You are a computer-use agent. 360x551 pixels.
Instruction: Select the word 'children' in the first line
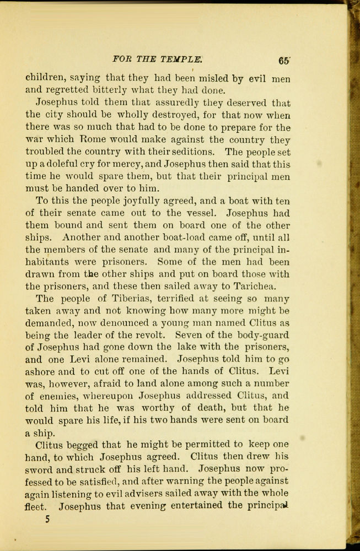click(x=45, y=78)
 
